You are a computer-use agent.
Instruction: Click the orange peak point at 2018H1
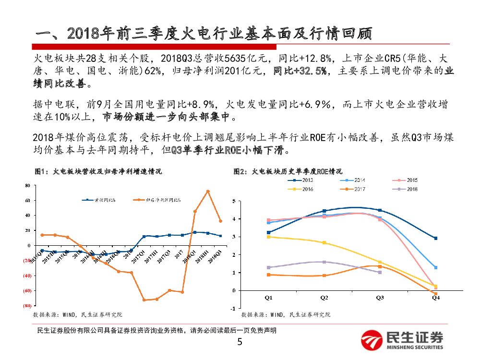pos(208,191)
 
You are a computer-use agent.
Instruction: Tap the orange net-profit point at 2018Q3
pos(220,221)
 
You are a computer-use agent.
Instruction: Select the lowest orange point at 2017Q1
pos(144,300)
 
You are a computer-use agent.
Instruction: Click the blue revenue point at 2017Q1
pos(144,236)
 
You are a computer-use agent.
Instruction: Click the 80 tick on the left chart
pos(27,185)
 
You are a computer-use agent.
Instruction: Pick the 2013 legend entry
pos(300,180)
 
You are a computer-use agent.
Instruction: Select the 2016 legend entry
pos(300,189)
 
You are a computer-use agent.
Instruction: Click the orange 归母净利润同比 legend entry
pos(158,200)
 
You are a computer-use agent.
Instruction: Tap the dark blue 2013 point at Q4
pos(435,238)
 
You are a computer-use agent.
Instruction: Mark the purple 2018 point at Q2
pos(324,262)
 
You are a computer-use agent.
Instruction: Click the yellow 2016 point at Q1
pos(269,237)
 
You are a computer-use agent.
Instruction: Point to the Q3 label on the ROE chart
pos(380,298)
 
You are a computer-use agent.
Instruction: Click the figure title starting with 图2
pos(288,171)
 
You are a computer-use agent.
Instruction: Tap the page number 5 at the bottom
pos(240,342)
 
